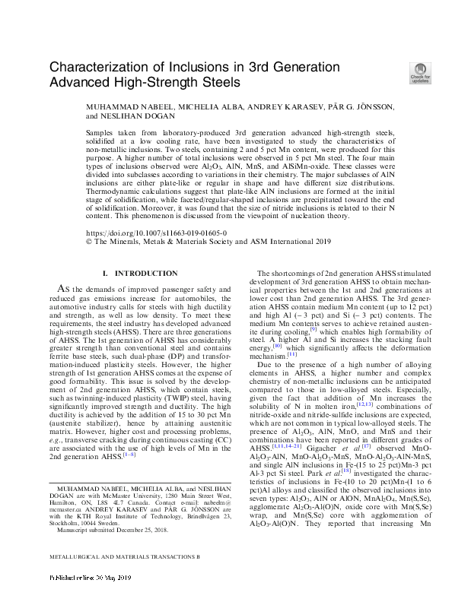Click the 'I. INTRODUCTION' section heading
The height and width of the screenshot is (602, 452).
[x=139, y=274]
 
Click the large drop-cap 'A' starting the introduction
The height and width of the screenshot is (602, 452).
[x=64, y=289]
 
